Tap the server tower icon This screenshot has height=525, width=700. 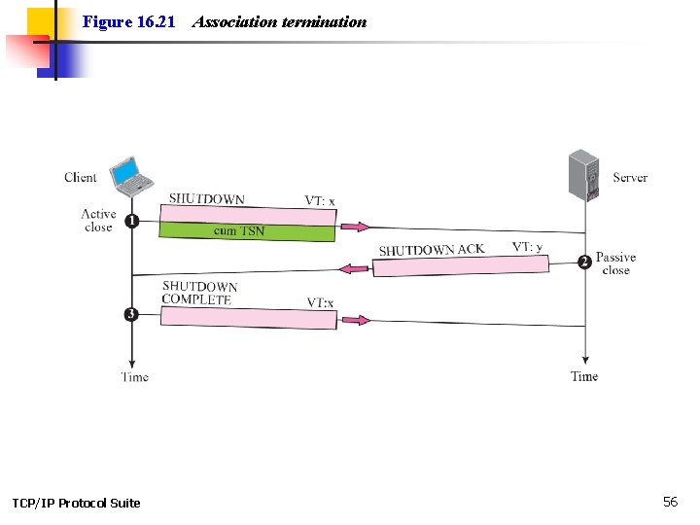point(584,174)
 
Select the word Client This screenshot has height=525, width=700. point(81,177)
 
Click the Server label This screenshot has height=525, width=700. point(630,178)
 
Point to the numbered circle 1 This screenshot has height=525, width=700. point(131,222)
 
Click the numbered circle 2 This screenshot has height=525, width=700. point(584,262)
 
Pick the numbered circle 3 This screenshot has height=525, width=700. point(131,314)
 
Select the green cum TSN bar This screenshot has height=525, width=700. point(247,231)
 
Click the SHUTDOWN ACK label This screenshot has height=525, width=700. point(431,250)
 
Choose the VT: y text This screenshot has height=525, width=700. point(528,247)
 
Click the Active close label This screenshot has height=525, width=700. point(98,221)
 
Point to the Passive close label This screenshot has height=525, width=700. point(615,263)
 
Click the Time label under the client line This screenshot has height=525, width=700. point(135,376)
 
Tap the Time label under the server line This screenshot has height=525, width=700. point(584,376)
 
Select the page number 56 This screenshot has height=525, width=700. point(670,502)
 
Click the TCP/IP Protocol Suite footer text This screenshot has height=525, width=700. point(76,503)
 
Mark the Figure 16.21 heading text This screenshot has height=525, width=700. point(128,21)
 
